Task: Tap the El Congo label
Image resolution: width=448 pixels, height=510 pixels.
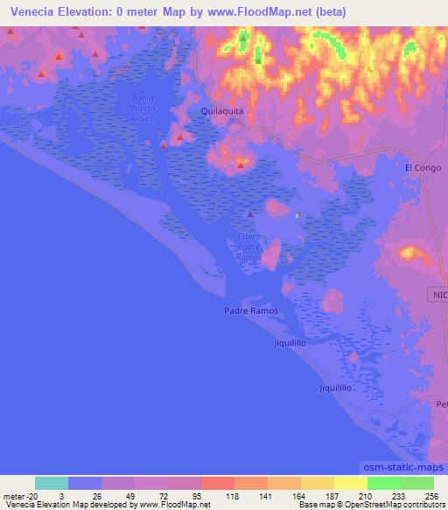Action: click(419, 166)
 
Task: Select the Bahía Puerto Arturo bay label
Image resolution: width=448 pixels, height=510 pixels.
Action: click(142, 108)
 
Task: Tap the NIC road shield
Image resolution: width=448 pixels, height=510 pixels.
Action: click(438, 295)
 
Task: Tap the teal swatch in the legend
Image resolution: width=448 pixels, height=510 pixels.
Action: click(52, 483)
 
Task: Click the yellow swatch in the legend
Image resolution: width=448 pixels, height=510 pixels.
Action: click(350, 483)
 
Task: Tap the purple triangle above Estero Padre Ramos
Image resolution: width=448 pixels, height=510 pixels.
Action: click(249, 214)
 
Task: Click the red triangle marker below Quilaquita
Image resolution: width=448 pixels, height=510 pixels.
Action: click(240, 164)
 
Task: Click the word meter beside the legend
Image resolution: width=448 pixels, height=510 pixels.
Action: click(13, 496)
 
